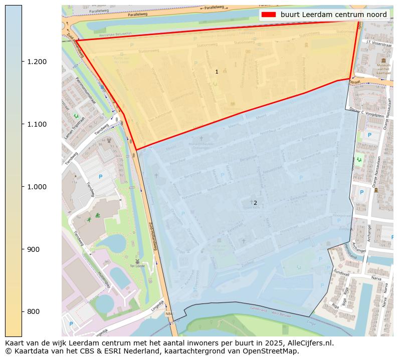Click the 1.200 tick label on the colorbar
[36, 62]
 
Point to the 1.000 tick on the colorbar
[36, 187]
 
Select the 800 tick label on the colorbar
[33, 311]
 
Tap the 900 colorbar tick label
[33, 249]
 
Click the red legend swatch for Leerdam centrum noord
[268, 15]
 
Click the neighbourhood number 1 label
[217, 72]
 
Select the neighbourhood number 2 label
[255, 203]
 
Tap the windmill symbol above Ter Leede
[136, 261]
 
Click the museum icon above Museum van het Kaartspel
[383, 60]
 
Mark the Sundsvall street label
[341, 270]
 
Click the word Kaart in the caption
[14, 343]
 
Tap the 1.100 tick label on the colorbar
[36, 124]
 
